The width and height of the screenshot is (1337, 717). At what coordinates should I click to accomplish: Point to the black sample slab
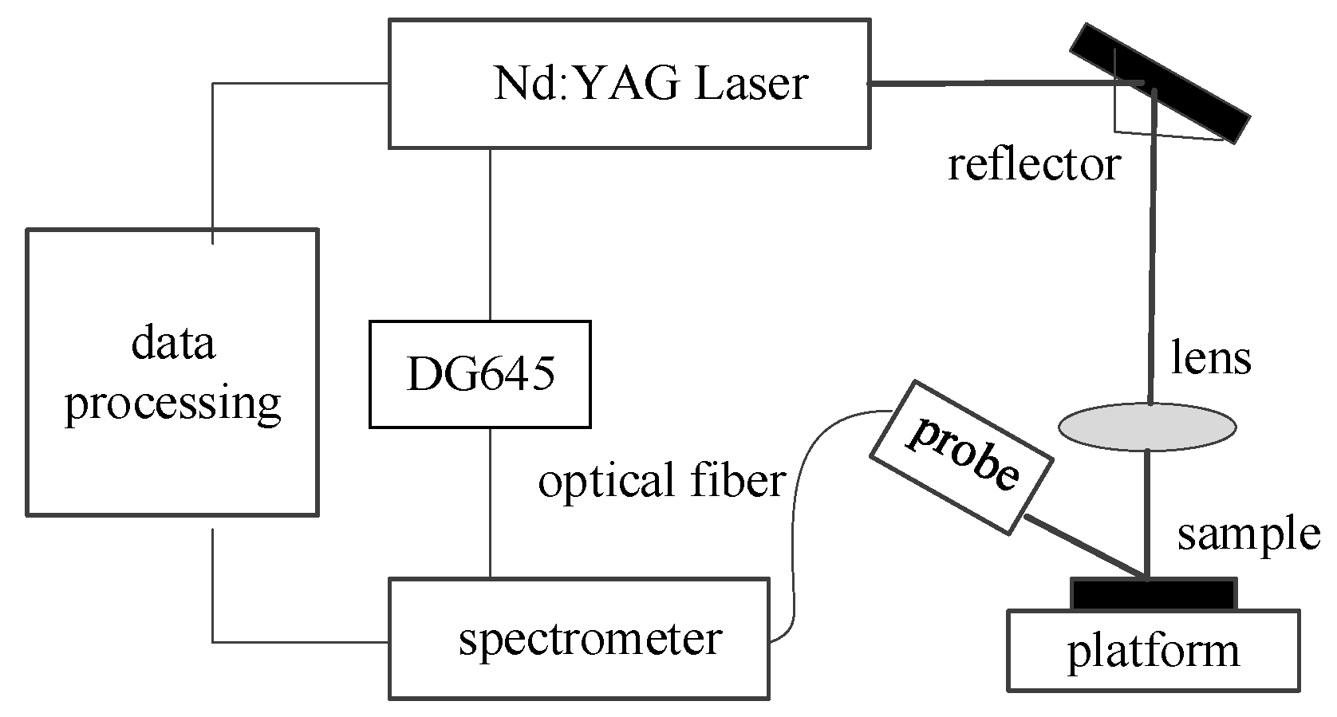(x=1153, y=594)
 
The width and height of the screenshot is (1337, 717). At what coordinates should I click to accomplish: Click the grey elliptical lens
(x=1147, y=427)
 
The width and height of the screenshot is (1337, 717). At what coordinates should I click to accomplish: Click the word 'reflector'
(x=1034, y=166)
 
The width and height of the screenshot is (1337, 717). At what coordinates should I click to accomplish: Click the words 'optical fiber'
(x=661, y=481)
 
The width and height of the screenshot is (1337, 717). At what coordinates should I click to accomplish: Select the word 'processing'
(x=172, y=404)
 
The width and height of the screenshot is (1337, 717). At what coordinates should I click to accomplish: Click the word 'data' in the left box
(x=173, y=344)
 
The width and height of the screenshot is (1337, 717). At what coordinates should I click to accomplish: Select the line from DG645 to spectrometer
(x=490, y=502)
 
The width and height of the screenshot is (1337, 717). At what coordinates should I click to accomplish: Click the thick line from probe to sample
(x=1085, y=547)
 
